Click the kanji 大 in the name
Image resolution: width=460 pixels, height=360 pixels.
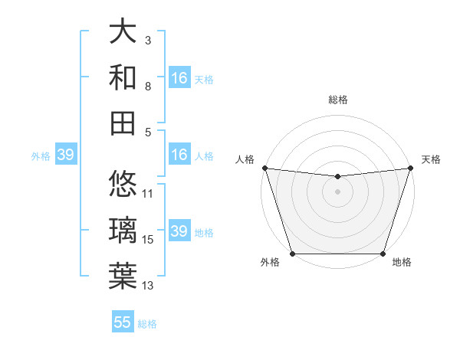pyautogui.click(x=123, y=31)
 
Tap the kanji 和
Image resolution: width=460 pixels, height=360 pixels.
pyautogui.click(x=123, y=77)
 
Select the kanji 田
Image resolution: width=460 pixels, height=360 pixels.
pyautogui.click(x=123, y=122)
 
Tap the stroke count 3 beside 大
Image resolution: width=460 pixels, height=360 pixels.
pyautogui.click(x=148, y=39)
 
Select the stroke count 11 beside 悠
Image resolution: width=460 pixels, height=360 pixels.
pyautogui.click(x=148, y=193)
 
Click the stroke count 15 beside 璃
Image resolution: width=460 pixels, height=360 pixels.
pyautogui.click(x=148, y=240)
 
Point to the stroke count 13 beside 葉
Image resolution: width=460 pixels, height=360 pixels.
pyautogui.click(x=148, y=286)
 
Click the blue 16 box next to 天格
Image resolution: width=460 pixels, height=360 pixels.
pyautogui.click(x=179, y=78)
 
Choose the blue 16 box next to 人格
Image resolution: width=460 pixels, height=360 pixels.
pyautogui.click(x=179, y=155)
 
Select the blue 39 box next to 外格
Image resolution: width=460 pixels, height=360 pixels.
pyautogui.click(x=65, y=155)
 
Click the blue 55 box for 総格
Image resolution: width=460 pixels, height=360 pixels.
pyautogui.click(x=123, y=322)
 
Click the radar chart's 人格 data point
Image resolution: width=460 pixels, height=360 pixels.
pyautogui.click(x=264, y=168)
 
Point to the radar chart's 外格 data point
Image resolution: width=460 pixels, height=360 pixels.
pyautogui.click(x=292, y=254)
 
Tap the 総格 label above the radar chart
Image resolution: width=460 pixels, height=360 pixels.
pyautogui.click(x=337, y=100)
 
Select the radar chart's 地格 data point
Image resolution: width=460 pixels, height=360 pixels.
pyautogui.click(x=383, y=254)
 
